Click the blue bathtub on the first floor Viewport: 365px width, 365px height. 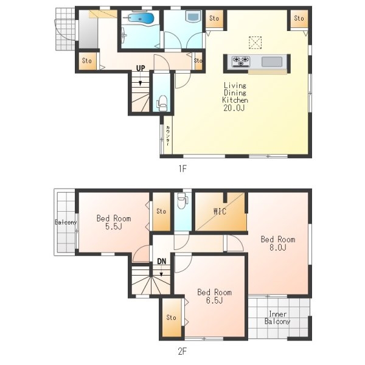(x=141, y=18)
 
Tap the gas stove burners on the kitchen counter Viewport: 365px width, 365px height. (x=241, y=61)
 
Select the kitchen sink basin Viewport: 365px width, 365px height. (x=272, y=62)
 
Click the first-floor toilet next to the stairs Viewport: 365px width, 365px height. (x=162, y=103)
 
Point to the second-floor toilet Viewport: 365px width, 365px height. (x=182, y=201)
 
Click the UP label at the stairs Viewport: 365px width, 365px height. (x=141, y=68)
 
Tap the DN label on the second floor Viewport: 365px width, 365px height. (x=162, y=261)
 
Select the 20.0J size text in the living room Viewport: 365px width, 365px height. (x=234, y=108)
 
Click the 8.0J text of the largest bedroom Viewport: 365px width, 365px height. (x=278, y=247)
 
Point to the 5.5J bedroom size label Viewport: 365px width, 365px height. (x=114, y=226)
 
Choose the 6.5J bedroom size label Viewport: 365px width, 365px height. (x=214, y=300)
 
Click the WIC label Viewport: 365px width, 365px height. (x=220, y=211)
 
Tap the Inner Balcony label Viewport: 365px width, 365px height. (x=277, y=318)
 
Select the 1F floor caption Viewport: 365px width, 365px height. (x=182, y=169)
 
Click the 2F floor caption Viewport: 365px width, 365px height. (x=182, y=351)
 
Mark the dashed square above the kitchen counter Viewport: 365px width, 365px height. (x=255, y=43)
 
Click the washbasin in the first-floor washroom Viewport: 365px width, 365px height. (x=193, y=16)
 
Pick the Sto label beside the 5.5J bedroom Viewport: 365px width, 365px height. (x=161, y=211)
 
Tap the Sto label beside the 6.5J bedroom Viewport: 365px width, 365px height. (x=171, y=318)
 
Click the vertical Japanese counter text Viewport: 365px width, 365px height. (x=168, y=136)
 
